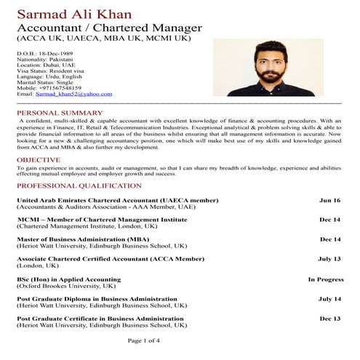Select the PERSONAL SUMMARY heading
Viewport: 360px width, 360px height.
pos(60,113)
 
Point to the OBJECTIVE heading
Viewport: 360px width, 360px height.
pos(39,159)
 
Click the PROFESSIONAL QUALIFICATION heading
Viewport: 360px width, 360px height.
pos(79,186)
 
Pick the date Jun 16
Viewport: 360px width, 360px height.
pos(329,200)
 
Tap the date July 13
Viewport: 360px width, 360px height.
pos(329,259)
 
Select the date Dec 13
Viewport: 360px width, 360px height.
pos(329,319)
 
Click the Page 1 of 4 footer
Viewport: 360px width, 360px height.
pos(144,340)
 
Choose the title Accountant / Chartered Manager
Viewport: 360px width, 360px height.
pos(102,28)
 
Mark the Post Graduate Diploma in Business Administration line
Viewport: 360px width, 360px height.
pos(96,299)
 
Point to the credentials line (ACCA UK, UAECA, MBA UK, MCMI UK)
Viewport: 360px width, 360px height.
pos(103,37)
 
